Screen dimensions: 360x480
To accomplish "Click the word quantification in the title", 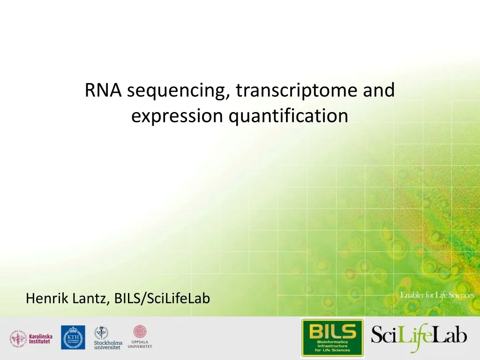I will click(288, 116).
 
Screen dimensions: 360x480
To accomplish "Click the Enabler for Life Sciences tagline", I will click(437, 295).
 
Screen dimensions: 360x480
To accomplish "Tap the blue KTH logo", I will click(73, 337).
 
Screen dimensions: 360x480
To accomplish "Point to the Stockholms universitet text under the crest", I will click(108, 345).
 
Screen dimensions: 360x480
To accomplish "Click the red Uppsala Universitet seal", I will click(140, 332).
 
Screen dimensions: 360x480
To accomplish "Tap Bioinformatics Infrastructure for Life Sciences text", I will click(332, 346).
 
